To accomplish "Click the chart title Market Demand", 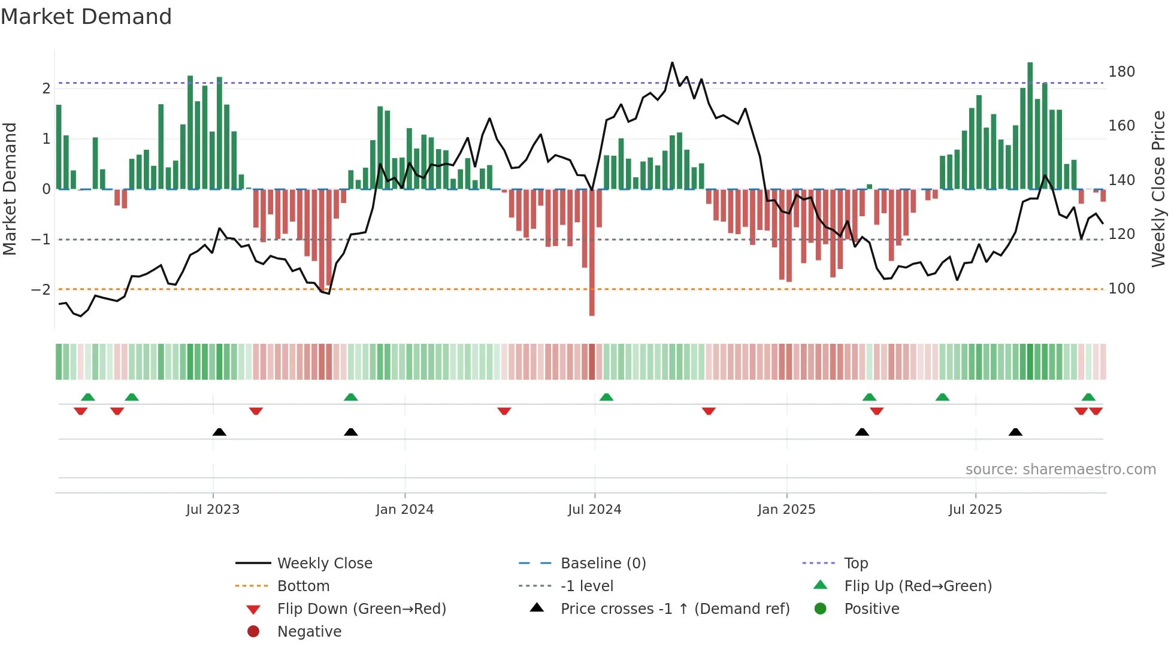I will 86,17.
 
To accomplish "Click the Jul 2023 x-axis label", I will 213,510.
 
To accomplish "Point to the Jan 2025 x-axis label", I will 786,510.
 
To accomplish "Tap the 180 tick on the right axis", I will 1121,72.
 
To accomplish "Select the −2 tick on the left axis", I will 41,290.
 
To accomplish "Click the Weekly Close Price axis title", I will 1158,189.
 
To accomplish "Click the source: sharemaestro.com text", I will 1060,470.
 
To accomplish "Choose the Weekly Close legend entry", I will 324,564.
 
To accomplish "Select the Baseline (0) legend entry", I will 603,564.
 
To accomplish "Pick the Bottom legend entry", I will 303,586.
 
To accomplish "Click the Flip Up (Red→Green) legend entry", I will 918,586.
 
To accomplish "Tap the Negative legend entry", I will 309,632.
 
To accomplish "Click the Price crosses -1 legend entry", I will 674,609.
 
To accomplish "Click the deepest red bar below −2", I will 592,299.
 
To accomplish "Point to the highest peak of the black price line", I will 672,63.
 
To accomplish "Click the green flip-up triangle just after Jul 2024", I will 606,397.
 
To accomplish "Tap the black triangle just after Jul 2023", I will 219,432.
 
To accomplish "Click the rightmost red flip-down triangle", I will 1096,411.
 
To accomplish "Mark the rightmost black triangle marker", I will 1015,432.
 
